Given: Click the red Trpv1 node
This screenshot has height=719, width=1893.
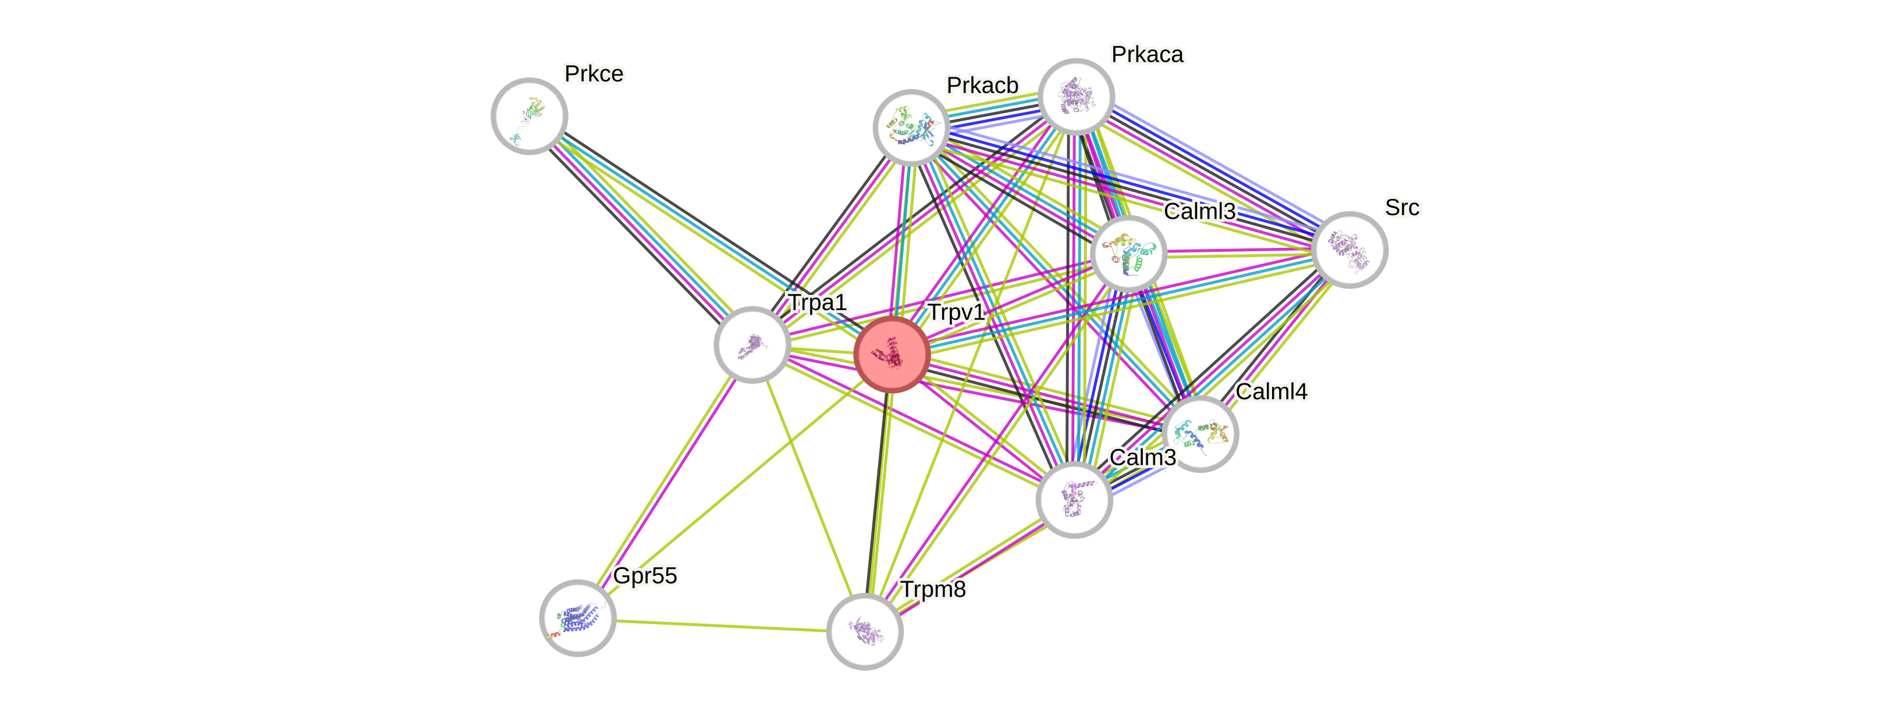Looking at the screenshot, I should pos(892,355).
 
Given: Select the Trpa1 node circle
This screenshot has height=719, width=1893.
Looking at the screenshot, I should pos(752,344).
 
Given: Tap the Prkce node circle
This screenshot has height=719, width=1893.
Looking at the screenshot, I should pos(529,116).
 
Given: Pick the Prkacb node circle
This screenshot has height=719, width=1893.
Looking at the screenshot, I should pos(911,127).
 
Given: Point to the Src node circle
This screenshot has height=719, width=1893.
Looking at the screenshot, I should pos(1349,250).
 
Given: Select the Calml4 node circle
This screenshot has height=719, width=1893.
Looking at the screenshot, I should pos(1201,434).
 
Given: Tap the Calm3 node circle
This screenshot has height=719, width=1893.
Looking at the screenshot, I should pos(1074,500).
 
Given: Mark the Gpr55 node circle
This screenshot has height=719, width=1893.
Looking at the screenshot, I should pos(578,618).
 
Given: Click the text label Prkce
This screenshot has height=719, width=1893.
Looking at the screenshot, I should pos(594,73).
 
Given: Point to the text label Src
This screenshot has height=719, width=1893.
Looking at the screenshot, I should pos(1401,208).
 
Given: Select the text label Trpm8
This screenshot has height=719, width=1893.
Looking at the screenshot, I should pos(933,589).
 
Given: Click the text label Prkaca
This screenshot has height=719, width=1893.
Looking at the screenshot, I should pos(1147,54).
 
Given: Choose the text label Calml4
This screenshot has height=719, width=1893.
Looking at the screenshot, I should pos(1272,391).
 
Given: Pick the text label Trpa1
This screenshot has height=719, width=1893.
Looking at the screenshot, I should pos(817,302).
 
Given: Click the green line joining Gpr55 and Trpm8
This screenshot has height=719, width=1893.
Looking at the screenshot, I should pos(720,625).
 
